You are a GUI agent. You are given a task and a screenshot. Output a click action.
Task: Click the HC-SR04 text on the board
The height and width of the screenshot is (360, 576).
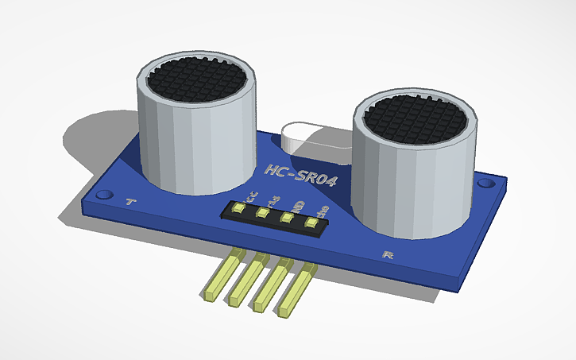pos(300,175)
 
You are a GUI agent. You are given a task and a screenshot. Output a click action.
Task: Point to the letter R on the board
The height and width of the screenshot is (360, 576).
pos(389,255)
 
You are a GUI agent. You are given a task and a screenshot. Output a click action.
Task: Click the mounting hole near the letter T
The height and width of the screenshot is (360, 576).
pos(103,194)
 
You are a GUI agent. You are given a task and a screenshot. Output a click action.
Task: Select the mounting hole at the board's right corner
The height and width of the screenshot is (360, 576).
pos(485,184)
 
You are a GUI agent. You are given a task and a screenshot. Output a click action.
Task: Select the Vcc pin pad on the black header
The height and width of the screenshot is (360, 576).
pos(238,208)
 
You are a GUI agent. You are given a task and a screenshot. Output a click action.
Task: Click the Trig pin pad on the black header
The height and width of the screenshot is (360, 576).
pos(261,213)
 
